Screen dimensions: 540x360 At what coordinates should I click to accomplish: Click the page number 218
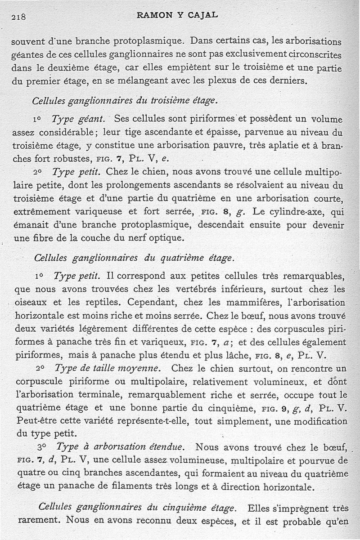(18, 18)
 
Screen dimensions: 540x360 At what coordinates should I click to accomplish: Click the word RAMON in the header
(154, 15)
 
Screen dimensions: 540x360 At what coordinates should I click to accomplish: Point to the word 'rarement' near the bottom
(39, 521)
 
